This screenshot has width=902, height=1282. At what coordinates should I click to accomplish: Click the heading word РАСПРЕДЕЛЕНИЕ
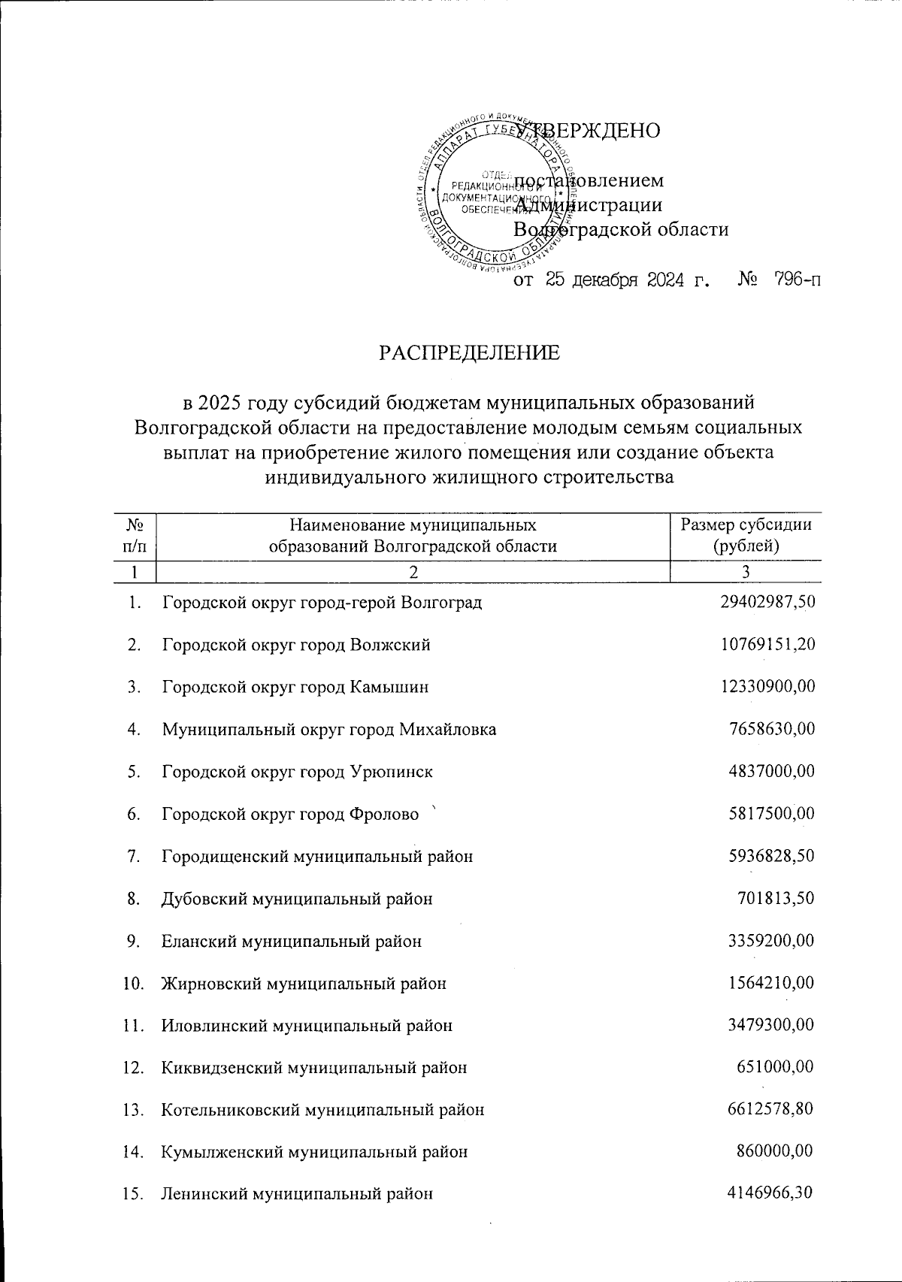tap(469, 352)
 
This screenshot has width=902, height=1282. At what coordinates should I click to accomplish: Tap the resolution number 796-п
tap(787, 280)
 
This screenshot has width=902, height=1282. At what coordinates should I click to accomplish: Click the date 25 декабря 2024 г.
tap(628, 280)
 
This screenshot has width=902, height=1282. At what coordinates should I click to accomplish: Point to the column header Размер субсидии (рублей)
tap(745, 535)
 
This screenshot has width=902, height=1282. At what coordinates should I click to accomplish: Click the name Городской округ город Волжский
tap(296, 645)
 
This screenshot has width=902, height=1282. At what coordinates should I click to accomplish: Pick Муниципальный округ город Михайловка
tap(328, 729)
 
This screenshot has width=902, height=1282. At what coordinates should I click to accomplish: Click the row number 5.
tap(134, 772)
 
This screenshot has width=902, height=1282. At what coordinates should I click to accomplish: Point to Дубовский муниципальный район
tap(297, 899)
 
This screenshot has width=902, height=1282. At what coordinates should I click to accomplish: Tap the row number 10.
tap(133, 983)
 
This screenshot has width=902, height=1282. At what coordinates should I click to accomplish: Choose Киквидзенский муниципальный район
tap(314, 1067)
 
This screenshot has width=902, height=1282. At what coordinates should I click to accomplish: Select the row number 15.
tap(133, 1193)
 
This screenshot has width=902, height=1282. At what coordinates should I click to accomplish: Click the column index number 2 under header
tap(412, 572)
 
